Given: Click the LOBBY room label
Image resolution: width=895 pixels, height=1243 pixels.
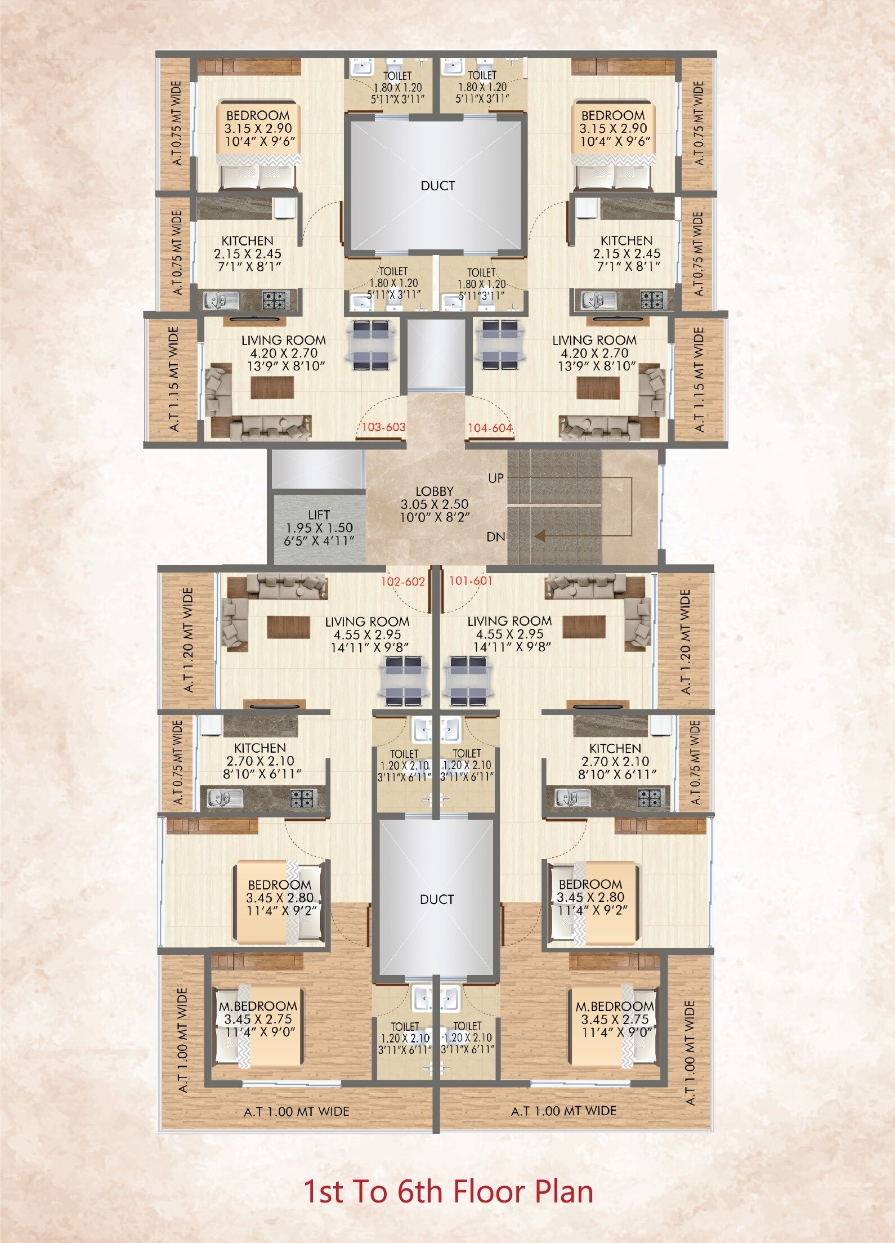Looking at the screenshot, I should point(434,491).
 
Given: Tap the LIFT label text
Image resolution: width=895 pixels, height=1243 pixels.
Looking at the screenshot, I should point(319,515).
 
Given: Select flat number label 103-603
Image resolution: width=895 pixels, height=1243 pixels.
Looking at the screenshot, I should point(383,427).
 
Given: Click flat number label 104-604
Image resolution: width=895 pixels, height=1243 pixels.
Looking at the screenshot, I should point(490,428).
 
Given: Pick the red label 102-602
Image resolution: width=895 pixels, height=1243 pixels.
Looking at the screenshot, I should point(402,582).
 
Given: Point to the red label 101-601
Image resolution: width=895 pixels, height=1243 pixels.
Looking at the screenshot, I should point(471,580).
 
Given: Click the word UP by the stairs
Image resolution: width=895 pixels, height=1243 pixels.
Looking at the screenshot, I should point(495,478).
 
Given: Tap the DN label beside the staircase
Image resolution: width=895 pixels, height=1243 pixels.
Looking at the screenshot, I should point(495,537).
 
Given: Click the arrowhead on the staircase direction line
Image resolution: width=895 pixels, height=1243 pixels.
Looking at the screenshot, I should point(540,536).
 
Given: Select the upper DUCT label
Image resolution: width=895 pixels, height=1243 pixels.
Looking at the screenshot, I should point(437,186).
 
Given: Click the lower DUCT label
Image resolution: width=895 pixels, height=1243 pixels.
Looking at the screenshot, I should point(436,900).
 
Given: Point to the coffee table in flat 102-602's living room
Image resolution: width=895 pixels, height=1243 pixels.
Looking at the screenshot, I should point(289,626).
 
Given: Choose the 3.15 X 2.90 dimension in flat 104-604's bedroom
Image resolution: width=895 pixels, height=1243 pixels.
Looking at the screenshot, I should point(613,128).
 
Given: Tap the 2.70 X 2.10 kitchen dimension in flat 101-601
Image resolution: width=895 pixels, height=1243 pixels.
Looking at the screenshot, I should point(615,761).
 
